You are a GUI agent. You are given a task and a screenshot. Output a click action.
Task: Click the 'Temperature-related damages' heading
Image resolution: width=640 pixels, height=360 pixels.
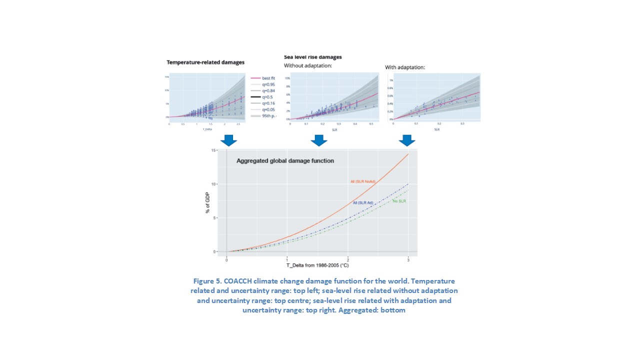pos(205,62)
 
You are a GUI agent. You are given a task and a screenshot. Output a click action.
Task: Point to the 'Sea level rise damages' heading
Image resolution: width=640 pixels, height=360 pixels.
pos(313,57)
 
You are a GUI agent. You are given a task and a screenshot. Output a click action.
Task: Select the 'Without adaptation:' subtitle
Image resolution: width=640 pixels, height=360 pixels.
pos(308,65)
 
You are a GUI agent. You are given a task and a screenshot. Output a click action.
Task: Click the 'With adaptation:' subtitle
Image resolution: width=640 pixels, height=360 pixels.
pos(405,67)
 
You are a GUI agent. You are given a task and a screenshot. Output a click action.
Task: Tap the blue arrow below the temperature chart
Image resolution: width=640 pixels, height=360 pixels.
pos(228,140)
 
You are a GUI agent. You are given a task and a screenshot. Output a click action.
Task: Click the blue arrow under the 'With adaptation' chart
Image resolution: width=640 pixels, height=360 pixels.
pos(407,140)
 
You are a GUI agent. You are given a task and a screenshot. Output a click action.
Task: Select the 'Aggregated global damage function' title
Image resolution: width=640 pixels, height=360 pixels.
pos(285,161)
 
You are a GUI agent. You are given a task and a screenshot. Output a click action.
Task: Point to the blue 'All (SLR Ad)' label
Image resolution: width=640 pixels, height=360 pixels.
pos(363,202)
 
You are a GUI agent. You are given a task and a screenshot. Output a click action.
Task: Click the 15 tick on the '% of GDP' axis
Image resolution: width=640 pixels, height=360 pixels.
pos(213,150)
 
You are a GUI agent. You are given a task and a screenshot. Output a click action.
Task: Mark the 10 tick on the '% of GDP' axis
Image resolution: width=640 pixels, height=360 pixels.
pos(213,184)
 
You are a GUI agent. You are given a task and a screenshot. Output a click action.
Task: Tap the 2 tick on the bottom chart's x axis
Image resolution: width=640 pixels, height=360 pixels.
pos(348,259)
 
